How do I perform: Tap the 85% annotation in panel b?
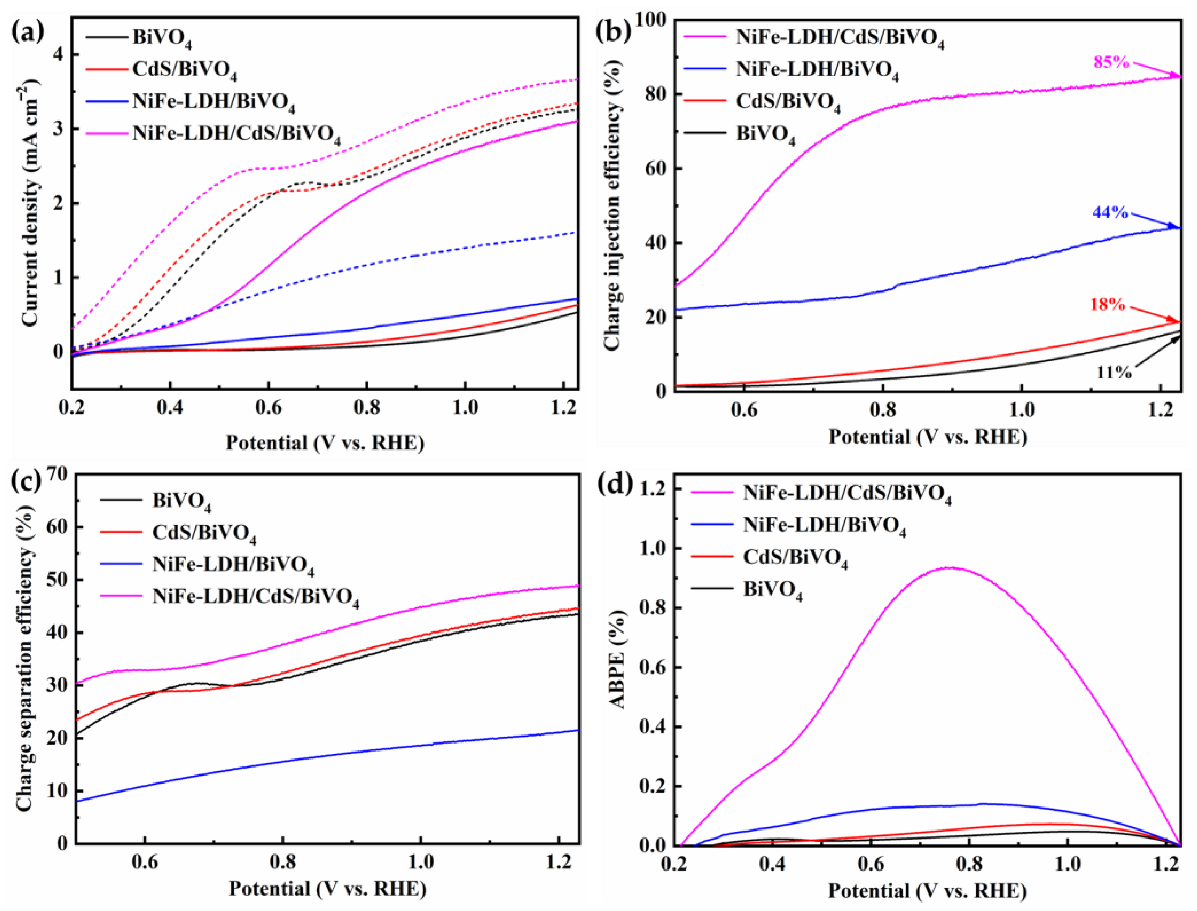(1110, 62)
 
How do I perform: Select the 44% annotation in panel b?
(1110, 212)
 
